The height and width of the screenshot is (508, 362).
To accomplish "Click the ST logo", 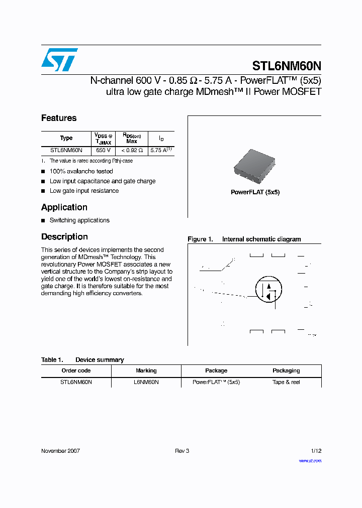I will click(59, 60).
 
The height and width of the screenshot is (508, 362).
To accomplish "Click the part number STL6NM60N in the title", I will click(286, 66).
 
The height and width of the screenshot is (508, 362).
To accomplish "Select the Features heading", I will click(59, 118).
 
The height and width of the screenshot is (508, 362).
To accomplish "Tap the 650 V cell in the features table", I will click(104, 150).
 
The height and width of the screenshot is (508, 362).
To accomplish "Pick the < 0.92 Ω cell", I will click(132, 150).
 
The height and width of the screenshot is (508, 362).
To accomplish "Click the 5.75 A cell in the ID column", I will click(161, 150).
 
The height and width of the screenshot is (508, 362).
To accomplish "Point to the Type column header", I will click(66, 138).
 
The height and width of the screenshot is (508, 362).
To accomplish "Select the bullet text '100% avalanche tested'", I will click(81, 171).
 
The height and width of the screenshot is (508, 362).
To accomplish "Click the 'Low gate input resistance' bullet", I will click(84, 191).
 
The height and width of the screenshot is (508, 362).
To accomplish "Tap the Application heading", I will click(64, 207).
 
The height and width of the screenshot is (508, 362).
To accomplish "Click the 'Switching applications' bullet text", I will click(79, 220).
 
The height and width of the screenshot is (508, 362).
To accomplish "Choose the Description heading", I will click(64, 237).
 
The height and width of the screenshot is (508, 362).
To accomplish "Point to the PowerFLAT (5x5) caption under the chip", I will click(255, 192).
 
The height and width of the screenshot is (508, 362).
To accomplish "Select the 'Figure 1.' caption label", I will click(200, 239).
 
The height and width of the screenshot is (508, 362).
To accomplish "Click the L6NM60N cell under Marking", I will click(146, 382).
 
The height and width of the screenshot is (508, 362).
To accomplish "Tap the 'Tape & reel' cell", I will click(286, 382).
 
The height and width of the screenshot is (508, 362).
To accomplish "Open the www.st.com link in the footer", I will click(310, 461).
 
